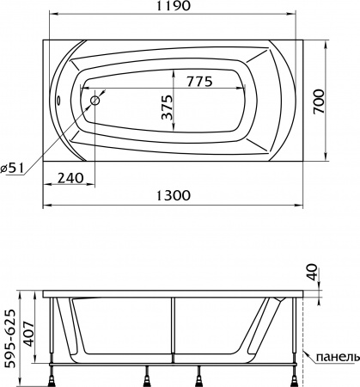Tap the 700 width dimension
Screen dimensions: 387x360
(x=342, y=98)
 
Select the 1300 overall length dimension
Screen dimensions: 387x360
(x=174, y=196)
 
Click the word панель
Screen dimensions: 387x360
(x=334, y=356)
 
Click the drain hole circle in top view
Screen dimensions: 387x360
(x=95, y=100)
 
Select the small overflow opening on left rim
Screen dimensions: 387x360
(x=58, y=97)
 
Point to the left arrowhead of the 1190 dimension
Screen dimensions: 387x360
(x=45, y=17)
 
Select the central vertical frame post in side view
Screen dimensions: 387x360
(x=174, y=331)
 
